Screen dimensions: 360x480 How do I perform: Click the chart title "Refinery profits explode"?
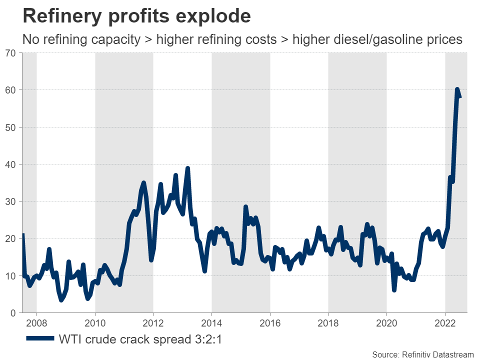click(x=136, y=16)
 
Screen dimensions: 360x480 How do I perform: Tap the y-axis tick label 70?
click(x=11, y=53)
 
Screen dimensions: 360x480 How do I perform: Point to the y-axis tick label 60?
click(x=11, y=90)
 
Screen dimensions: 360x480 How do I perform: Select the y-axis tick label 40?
click(x=11, y=164)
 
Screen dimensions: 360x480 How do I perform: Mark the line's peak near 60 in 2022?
click(x=457, y=89)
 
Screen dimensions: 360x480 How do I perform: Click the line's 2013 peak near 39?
click(x=187, y=168)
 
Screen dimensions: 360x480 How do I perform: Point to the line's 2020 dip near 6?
click(x=394, y=289)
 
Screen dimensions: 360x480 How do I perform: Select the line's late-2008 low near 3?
click(x=61, y=300)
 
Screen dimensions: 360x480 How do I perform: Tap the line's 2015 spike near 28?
click(x=246, y=206)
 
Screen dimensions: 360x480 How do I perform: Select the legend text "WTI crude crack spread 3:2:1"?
click(x=140, y=339)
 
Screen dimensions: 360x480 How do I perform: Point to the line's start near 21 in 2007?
click(x=23, y=235)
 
